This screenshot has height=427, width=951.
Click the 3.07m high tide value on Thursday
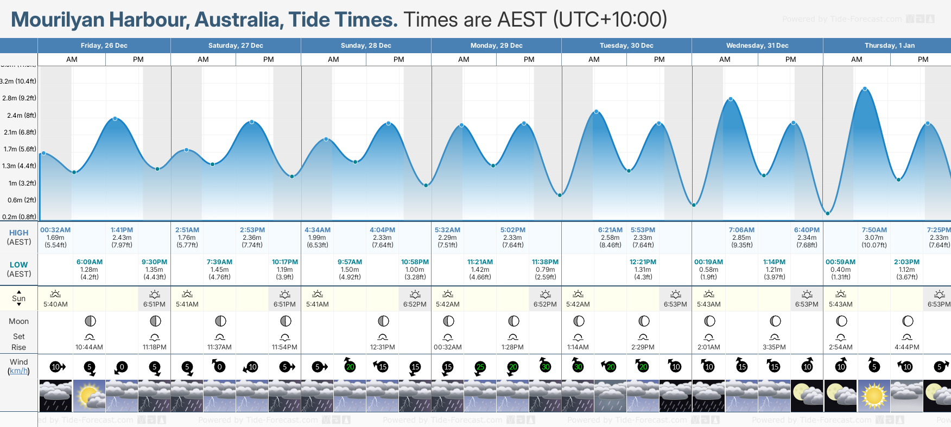point(874,238)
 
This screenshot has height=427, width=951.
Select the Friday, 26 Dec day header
point(104,46)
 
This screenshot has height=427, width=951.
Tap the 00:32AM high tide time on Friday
point(55,230)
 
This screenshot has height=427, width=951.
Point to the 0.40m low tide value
point(840,270)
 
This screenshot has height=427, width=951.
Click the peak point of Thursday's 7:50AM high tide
point(865,88)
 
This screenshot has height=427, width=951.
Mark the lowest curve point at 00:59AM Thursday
point(828,213)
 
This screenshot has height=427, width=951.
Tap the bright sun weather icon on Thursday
point(874,396)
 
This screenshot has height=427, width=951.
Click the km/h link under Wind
point(18,371)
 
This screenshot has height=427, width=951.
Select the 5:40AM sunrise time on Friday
point(55,304)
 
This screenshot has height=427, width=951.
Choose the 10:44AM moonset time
point(89,347)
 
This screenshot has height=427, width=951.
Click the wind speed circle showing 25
point(480,367)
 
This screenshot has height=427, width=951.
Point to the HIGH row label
point(18,233)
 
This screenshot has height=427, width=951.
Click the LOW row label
point(18,265)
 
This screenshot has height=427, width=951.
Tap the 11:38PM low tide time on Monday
point(545,262)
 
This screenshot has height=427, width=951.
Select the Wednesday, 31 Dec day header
point(757,46)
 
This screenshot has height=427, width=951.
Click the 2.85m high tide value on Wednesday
point(741,238)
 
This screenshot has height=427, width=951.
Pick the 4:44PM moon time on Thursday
point(906,347)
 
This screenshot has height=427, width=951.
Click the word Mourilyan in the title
point(58,20)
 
